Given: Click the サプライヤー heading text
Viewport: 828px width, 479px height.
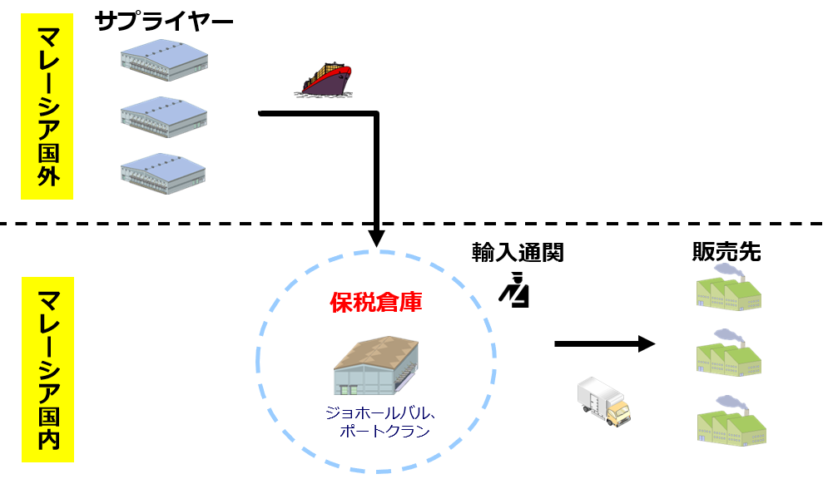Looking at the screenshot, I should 163,21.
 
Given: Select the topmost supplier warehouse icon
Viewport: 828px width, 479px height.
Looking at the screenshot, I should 164,62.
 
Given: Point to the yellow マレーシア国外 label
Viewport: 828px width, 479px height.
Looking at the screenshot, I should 47,106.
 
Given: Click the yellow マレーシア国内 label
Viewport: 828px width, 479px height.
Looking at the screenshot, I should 47,368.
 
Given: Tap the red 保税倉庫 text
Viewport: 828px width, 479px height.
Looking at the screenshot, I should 375,302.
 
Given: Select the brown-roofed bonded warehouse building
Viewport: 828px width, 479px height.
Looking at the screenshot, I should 376,367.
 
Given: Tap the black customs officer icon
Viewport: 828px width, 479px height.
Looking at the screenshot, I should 514,290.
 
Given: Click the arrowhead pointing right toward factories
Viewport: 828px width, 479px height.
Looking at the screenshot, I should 646,343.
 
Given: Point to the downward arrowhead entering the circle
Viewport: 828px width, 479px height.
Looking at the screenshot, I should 377,238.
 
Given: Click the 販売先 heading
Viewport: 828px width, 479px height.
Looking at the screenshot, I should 726,252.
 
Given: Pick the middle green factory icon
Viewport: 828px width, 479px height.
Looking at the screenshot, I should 730,352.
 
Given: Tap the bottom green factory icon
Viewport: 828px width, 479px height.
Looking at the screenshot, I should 730,421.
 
